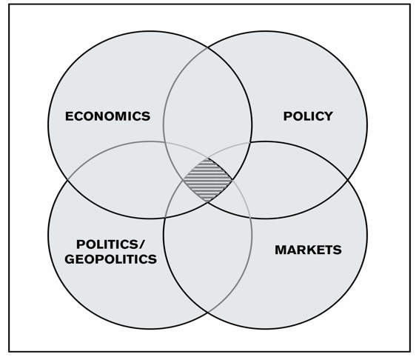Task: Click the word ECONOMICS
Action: [x=107, y=116]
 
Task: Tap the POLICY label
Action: [x=308, y=116]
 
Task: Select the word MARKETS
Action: [x=308, y=250]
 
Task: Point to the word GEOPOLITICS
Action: [x=110, y=259]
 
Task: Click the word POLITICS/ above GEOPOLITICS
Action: [x=110, y=244]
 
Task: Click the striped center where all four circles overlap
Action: [x=208, y=180]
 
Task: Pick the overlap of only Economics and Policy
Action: [x=207, y=107]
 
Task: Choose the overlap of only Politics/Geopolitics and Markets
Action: [x=208, y=254]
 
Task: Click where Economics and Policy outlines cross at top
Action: [x=208, y=48]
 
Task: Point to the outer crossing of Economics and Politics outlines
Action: [x=67, y=180]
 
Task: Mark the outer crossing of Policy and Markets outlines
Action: [x=348, y=180]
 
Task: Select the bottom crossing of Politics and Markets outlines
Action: [x=208, y=312]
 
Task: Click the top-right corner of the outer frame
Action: [x=410, y=4]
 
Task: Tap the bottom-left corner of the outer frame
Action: [x=9, y=351]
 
